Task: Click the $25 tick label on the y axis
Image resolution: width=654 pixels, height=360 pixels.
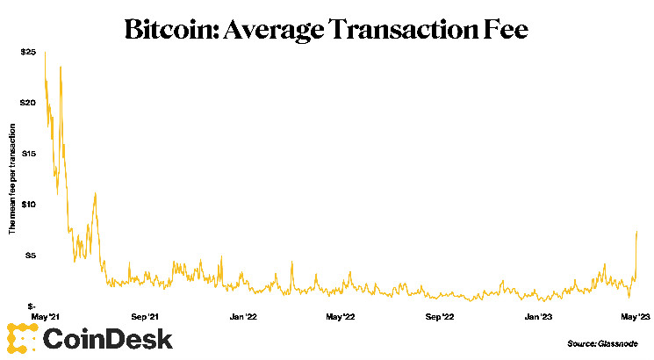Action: [29, 53]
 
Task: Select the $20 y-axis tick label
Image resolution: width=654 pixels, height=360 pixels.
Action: [29, 103]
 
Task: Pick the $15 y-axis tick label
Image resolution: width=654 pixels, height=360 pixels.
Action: [29, 154]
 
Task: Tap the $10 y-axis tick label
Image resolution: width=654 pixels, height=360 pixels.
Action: [29, 205]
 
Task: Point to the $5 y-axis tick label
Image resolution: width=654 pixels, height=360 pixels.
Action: [31, 256]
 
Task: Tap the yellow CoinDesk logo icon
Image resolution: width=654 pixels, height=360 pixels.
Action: [21, 338]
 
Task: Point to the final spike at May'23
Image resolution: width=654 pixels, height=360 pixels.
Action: [636, 234]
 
